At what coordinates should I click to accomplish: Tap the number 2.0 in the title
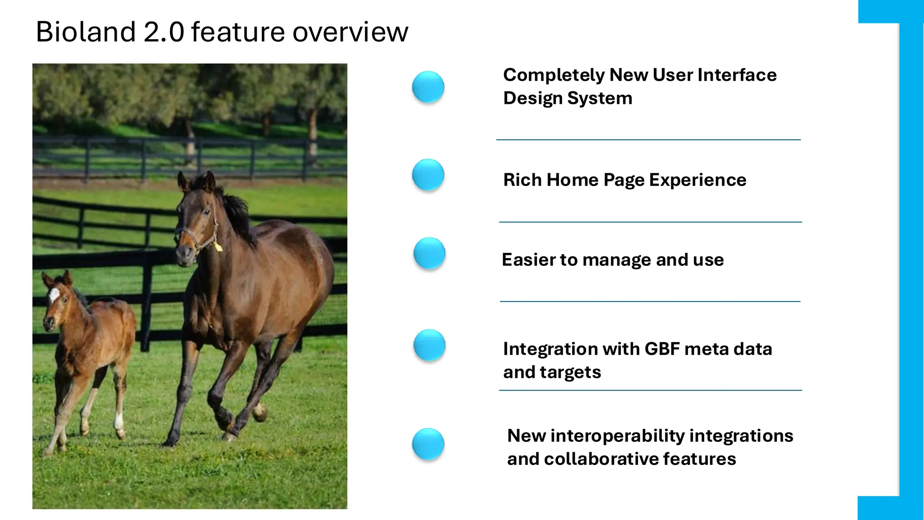tap(164, 32)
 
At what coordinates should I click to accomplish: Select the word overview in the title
tap(350, 32)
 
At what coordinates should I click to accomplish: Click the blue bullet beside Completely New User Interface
tap(428, 87)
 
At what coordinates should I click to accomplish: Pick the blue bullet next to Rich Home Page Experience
tap(428, 175)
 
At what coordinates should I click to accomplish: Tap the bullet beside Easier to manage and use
tap(429, 253)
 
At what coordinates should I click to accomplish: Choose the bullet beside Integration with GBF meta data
tap(429, 345)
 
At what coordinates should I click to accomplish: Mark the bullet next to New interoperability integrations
tap(428, 444)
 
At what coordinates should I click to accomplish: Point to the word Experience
tap(698, 180)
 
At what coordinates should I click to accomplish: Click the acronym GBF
tap(662, 349)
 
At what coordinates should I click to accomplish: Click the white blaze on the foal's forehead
tap(54, 295)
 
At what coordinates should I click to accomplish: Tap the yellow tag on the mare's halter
tap(218, 246)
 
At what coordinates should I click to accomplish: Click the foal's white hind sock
tap(119, 422)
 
